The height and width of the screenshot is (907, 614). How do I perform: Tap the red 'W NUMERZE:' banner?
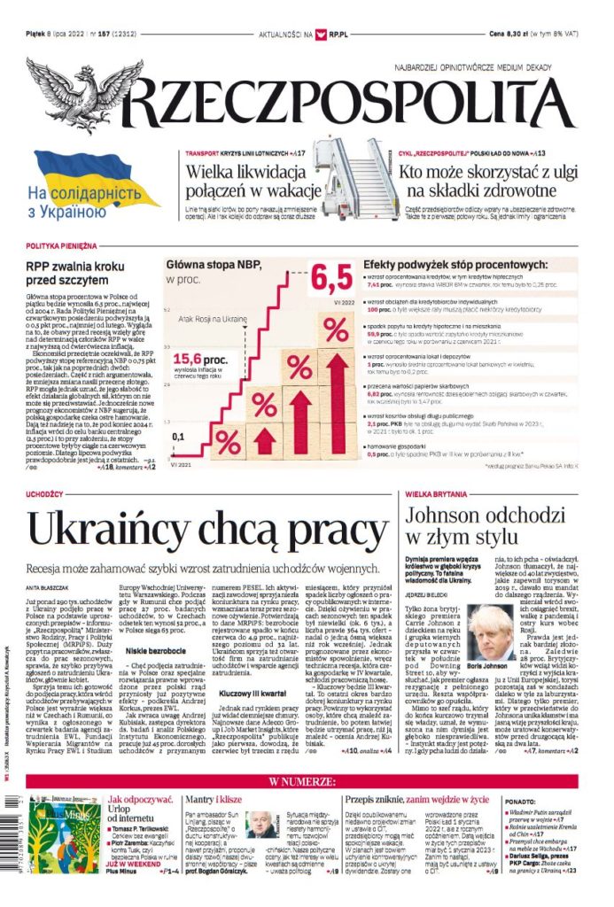pyautogui.click(x=306, y=781)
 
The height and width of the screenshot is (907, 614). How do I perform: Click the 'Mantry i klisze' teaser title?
pyautogui.click(x=212, y=800)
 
